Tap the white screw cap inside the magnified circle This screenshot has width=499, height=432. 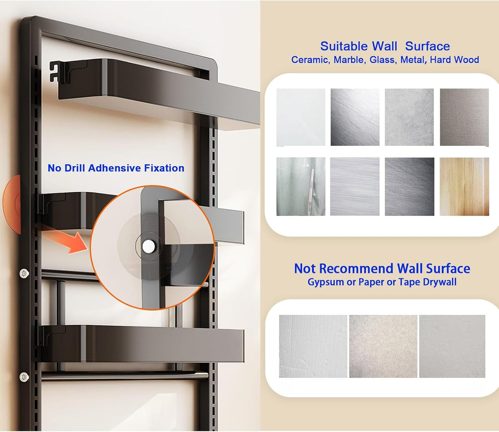pos(148,246)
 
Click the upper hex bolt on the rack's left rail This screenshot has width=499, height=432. pos(24,273)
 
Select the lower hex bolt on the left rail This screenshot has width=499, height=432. pos(24,377)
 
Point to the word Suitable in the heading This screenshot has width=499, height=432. pos(358,46)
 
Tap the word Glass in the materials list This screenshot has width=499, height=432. pos(383,60)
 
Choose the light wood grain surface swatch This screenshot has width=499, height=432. pos(464,186)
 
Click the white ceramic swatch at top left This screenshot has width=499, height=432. pos(301,117)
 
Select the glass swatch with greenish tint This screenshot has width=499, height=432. pos(301,186)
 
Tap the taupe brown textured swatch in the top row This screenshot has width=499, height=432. pos(464,117)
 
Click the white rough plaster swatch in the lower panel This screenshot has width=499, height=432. pos(313,346)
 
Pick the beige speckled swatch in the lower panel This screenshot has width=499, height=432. pos(383,346)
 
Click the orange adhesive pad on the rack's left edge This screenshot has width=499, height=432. pos(12,204)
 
